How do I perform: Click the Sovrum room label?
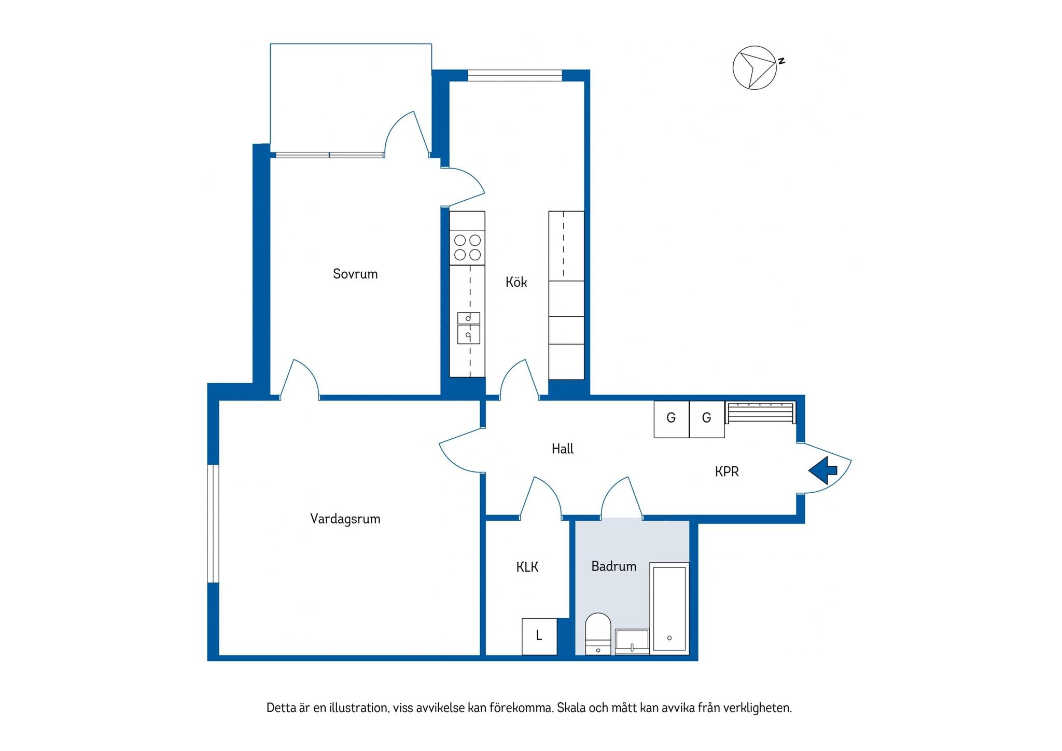click(x=355, y=274)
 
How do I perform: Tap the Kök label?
click(x=516, y=282)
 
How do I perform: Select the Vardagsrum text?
click(x=345, y=519)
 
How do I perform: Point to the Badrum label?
click(x=614, y=566)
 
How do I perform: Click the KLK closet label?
click(x=527, y=567)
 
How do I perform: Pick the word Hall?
click(x=563, y=449)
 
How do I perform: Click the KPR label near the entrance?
click(x=726, y=471)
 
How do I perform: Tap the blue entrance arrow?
click(x=823, y=470)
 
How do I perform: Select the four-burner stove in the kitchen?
click(x=467, y=247)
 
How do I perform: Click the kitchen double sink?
click(x=468, y=328)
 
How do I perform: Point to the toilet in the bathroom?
click(x=598, y=634)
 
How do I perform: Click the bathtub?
click(x=669, y=608)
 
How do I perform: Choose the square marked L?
click(x=539, y=636)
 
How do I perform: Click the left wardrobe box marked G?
click(x=672, y=420)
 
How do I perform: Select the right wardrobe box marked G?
click(x=707, y=420)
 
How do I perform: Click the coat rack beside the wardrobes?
click(x=760, y=413)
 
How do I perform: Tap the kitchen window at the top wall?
click(x=515, y=76)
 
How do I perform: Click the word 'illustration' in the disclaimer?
click(x=358, y=708)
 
